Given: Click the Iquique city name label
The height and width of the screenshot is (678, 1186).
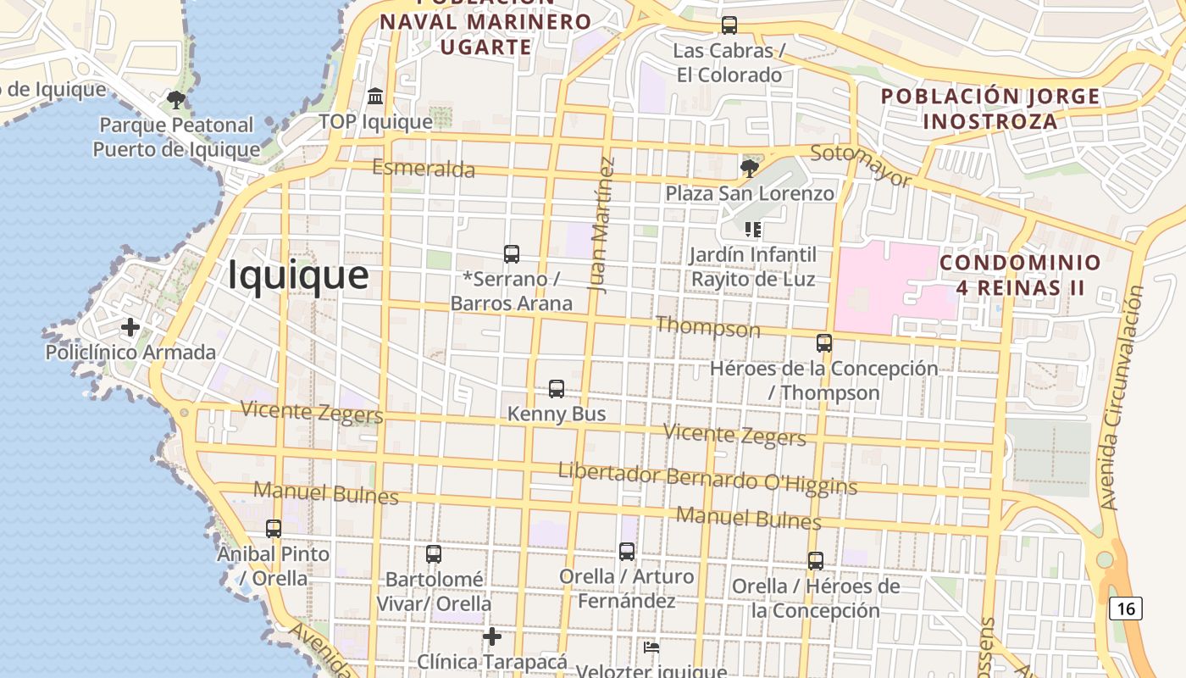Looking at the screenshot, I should pos(298,275).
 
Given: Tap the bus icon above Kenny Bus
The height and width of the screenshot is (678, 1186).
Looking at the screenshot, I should pos(557,389).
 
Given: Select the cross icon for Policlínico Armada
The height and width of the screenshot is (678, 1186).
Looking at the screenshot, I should pos(130,327).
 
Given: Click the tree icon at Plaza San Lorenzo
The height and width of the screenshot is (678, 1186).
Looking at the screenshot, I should pos(749,169).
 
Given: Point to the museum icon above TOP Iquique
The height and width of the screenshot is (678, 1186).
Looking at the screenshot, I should pos(375,97).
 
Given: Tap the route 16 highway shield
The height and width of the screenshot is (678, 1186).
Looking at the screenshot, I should pos(1125,609).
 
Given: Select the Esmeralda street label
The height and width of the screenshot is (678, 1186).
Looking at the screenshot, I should pos(424,168).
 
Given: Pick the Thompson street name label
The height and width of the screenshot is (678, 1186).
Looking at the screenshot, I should pos(708,326).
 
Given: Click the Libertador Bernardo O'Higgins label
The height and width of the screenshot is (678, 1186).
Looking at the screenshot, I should pos(707,479).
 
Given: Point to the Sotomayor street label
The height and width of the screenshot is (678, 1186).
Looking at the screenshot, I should pos(861,165).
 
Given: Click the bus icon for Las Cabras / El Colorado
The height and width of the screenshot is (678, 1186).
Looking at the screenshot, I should pos(729,25).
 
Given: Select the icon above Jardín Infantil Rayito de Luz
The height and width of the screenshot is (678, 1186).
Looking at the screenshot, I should pos(752,230).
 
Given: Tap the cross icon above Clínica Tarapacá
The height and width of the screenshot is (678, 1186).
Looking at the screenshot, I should pos(492,636).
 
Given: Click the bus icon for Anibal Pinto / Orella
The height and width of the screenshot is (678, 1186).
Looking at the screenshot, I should pos(274,529).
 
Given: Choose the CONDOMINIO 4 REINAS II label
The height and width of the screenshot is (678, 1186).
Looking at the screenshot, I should pos(1020,275).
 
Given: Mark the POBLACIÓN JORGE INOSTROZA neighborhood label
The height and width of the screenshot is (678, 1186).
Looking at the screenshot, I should pos(990,108).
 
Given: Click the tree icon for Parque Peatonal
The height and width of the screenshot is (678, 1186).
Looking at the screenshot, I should pos(176,100).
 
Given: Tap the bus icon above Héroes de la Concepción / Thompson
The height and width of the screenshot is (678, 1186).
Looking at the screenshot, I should pos(824,343).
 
